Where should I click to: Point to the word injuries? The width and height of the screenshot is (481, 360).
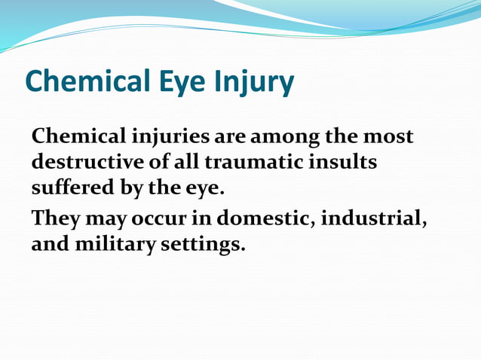click(x=171, y=138)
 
